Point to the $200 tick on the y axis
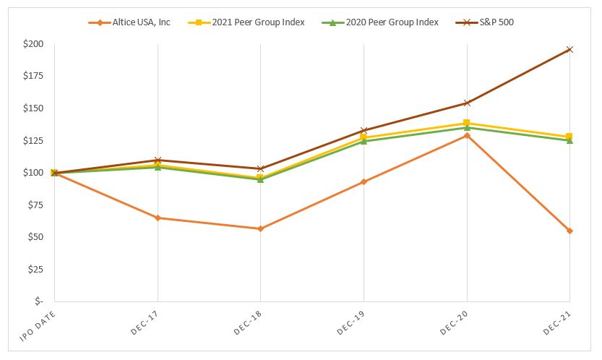(33, 44)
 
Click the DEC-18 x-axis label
(247, 320)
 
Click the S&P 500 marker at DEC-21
(569, 49)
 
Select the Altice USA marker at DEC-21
(569, 231)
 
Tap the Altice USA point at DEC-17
(158, 218)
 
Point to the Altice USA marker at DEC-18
(260, 228)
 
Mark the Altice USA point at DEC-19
(364, 181)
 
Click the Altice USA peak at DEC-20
(467, 135)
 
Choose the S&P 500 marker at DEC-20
(467, 103)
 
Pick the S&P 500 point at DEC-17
(158, 160)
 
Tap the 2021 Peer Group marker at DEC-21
(569, 137)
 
